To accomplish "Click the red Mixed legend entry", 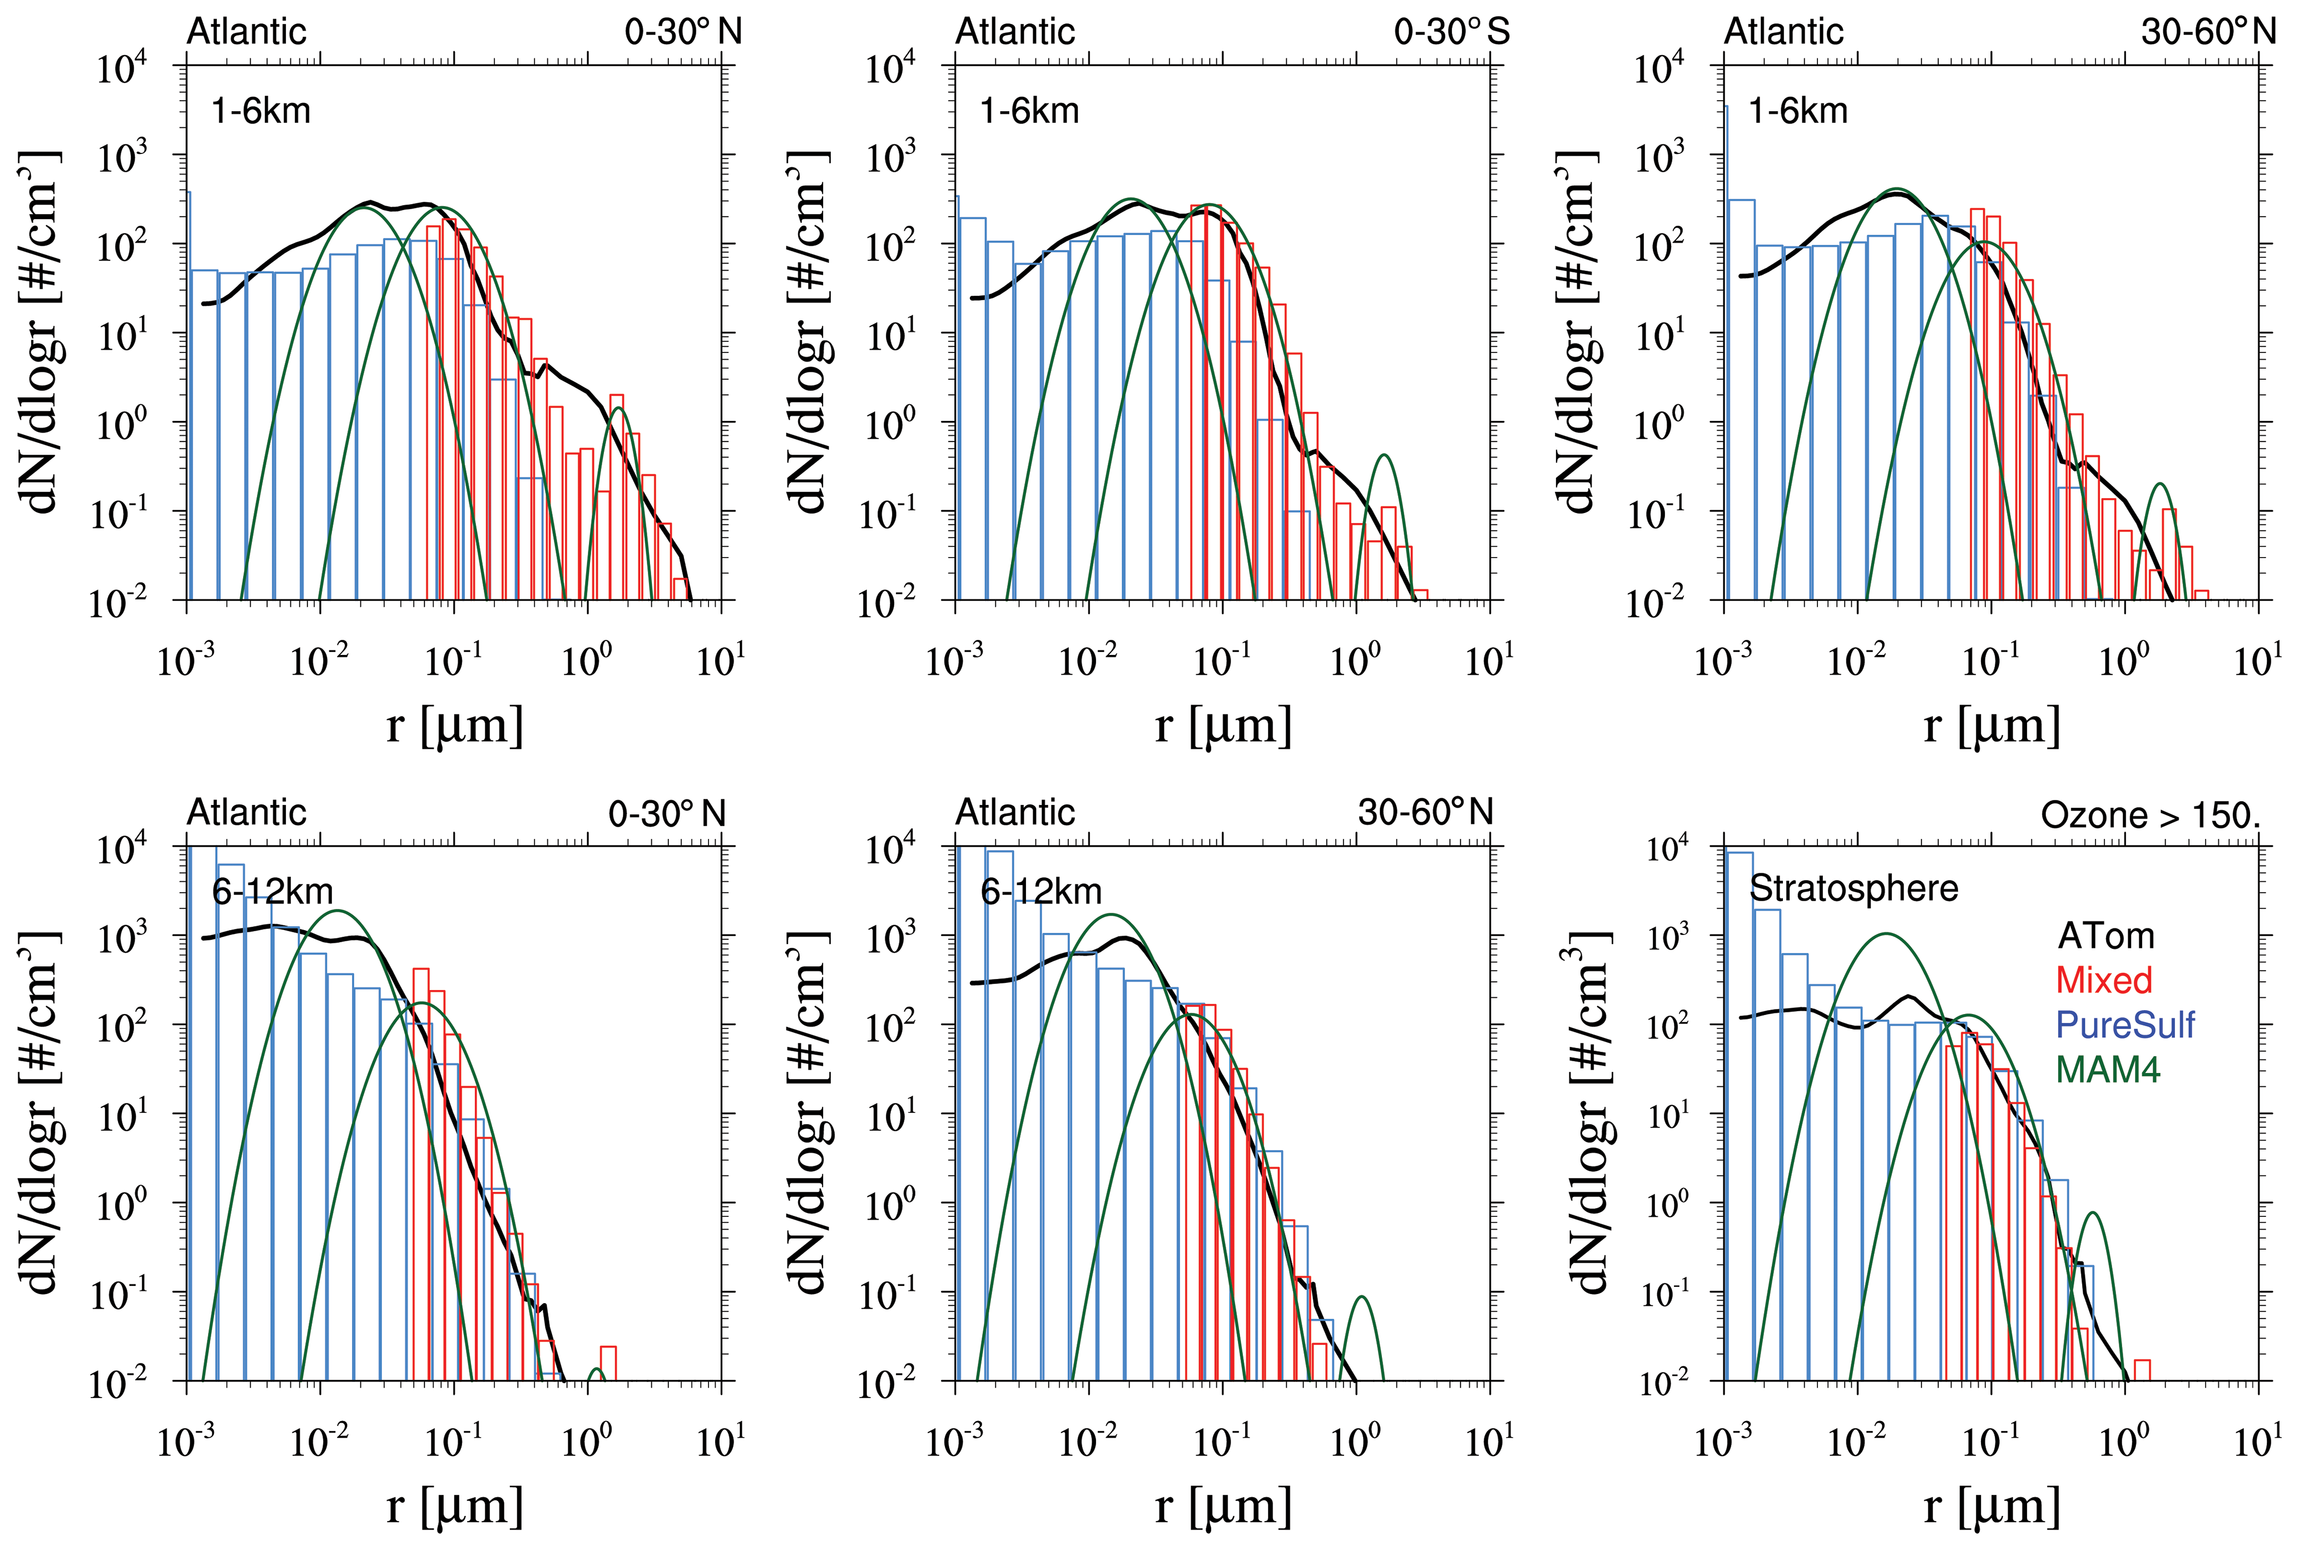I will point(2104,980).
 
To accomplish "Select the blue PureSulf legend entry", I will point(2125,1025).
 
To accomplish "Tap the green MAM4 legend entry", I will point(2107,1069).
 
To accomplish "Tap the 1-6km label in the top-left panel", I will point(261,111).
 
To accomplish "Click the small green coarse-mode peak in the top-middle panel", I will point(1384,456).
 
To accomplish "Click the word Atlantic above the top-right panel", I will point(1783,32).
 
